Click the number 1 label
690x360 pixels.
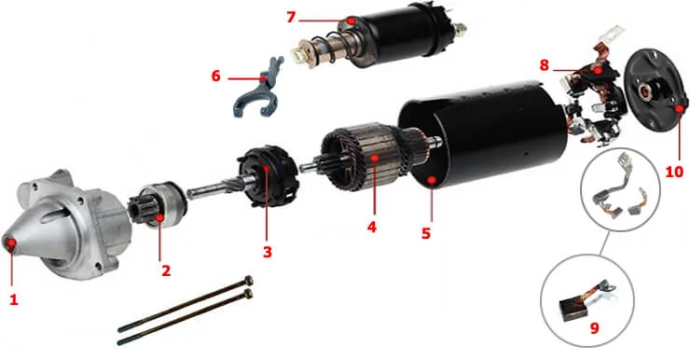tap(13, 299)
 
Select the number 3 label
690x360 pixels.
tap(267, 252)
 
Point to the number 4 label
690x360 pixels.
tap(372, 226)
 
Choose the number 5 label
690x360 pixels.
tap(425, 233)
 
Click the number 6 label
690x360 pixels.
tap(216, 76)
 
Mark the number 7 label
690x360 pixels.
tap(291, 18)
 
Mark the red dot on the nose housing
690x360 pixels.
tap(12, 244)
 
